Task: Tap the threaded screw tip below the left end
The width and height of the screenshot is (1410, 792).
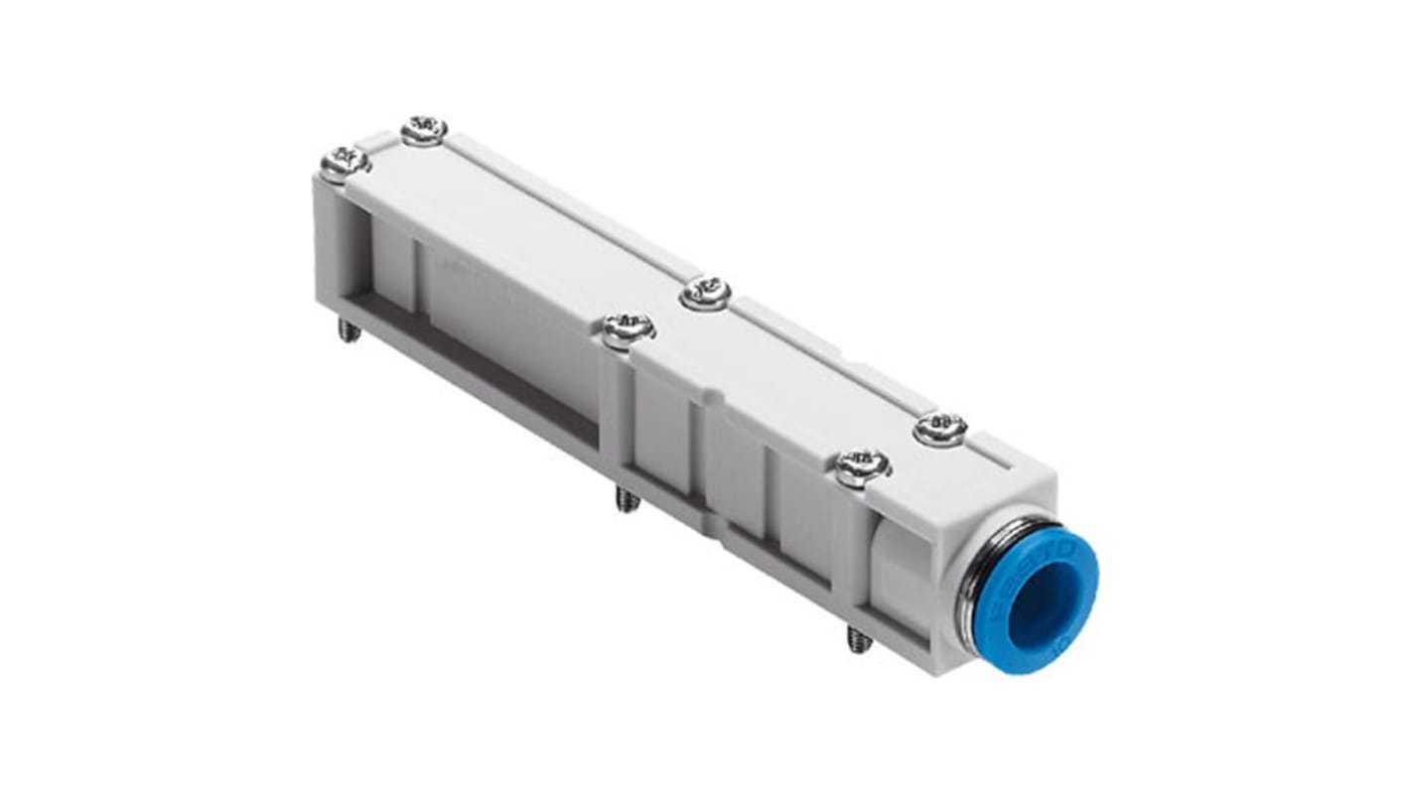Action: tap(349, 330)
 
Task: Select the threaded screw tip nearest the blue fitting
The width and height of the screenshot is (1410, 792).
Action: tap(860, 640)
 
